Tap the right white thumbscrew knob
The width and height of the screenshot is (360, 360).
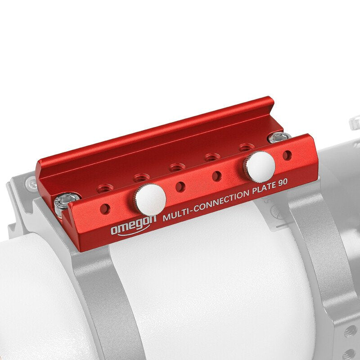[x=260, y=165]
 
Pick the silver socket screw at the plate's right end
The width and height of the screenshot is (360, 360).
[x=275, y=138]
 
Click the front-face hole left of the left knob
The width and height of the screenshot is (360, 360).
[x=105, y=208]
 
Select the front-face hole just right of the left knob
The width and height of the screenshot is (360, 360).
[x=180, y=186]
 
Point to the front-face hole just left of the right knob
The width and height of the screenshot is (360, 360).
[x=217, y=175]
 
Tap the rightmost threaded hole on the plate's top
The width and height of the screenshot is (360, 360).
[x=246, y=147]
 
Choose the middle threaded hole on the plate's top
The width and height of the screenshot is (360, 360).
[x=177, y=166]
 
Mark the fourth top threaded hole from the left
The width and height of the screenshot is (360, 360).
[x=211, y=157]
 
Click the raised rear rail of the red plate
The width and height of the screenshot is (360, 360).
[x=157, y=130]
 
